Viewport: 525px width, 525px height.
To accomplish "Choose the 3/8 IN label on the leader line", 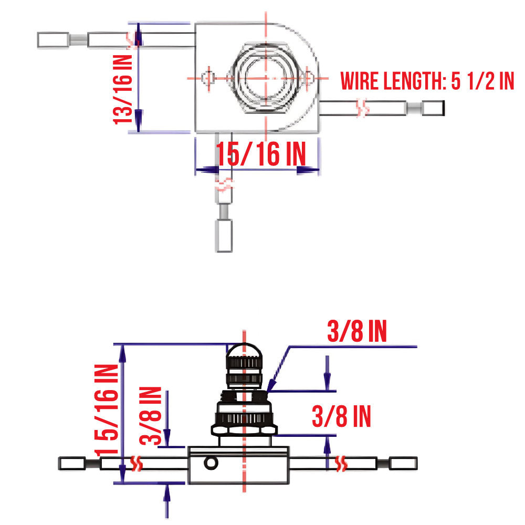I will [356, 332].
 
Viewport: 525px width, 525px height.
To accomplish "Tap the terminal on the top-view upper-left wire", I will [54, 39].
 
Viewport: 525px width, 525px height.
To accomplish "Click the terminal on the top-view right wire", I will [433, 109].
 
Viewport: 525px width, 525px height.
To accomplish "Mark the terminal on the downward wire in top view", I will [224, 236].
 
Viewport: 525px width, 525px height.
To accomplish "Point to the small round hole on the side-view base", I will [212, 463].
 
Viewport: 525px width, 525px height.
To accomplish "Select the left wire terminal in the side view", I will [72, 464].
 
